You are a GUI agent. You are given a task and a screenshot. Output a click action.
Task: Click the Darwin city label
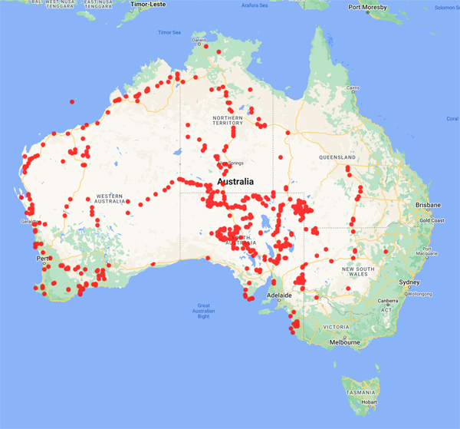pos(199,40)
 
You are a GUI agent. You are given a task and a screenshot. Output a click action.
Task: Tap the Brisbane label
pos(429,206)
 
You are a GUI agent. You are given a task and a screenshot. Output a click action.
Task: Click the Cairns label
pos(353,88)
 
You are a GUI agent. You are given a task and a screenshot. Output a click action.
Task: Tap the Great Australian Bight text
pos(203,310)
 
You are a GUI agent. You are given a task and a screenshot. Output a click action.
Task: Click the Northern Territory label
pos(227,120)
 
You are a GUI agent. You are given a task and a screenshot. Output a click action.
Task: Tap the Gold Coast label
pos(432,220)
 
